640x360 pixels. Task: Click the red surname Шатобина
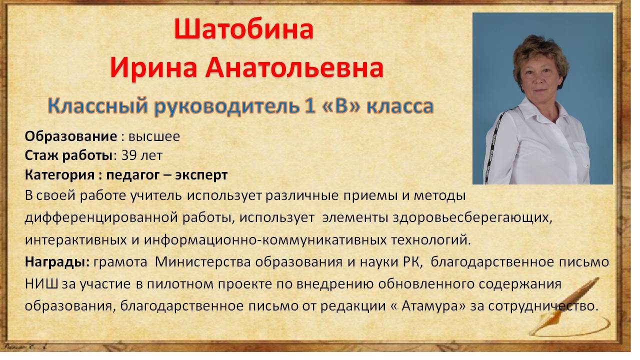point(244,28)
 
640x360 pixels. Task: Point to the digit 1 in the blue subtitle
point(309,105)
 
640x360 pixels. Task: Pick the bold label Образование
point(71,136)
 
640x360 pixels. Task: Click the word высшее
point(154,137)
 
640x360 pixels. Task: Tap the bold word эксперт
point(201,175)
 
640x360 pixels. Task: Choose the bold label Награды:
point(57,262)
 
